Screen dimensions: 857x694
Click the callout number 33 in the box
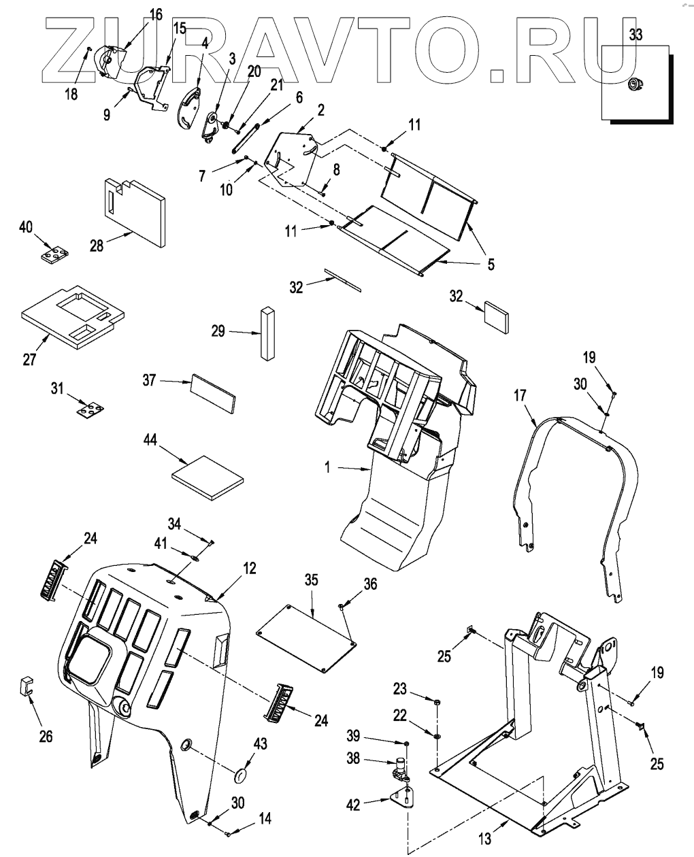635,35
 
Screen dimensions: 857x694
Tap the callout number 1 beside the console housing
329,468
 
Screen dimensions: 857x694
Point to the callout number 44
150,441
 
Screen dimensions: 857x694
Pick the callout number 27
29,359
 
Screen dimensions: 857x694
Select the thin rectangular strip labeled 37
214,393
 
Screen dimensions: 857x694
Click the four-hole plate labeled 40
52,256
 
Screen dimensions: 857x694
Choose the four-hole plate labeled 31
89,410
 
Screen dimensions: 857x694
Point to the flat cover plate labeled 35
308,639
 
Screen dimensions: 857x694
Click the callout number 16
156,14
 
